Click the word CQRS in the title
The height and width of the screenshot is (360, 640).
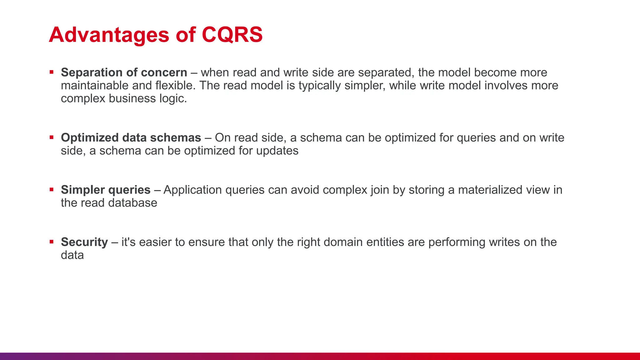[232, 34]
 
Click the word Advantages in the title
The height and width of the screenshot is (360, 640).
[109, 35]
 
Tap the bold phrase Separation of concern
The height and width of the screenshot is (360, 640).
[124, 72]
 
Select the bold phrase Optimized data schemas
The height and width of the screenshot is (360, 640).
[131, 138]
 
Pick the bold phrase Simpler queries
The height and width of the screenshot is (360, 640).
[106, 190]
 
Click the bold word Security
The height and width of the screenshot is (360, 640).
[84, 242]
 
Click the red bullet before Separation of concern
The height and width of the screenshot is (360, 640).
[52, 72]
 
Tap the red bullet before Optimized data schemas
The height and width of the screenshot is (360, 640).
[52, 137]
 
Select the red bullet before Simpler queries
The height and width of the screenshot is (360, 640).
[52, 190]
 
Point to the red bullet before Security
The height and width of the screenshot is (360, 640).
[52, 242]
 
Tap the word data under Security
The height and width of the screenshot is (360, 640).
[72, 255]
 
